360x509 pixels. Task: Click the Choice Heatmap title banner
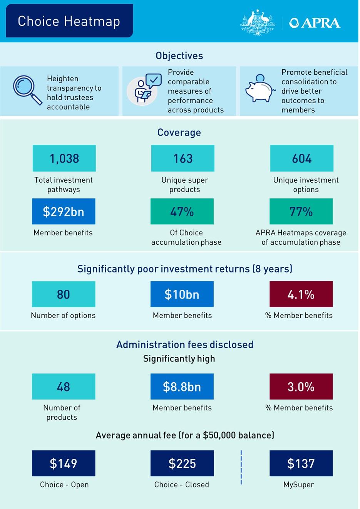tap(69, 21)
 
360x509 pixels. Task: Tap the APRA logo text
tap(315, 23)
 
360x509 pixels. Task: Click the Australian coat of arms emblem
tap(258, 23)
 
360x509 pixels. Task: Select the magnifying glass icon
tap(27, 90)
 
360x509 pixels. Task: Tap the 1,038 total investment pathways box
tap(64, 158)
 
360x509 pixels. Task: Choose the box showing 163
tap(183, 158)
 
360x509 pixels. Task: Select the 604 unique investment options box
tap(301, 158)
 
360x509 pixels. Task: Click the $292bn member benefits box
tap(64, 212)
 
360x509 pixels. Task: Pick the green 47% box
tap(182, 212)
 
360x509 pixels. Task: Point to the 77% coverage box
tap(301, 212)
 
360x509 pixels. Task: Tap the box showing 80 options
tap(64, 294)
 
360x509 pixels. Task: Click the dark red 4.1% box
tap(301, 294)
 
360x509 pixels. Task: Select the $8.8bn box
tap(182, 386)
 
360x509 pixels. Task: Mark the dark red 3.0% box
tap(301, 386)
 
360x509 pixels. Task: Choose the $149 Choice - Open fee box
tap(64, 463)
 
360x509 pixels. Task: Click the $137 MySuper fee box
tap(301, 463)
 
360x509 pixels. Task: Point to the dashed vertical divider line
tap(241, 467)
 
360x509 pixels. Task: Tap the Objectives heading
tap(179, 56)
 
